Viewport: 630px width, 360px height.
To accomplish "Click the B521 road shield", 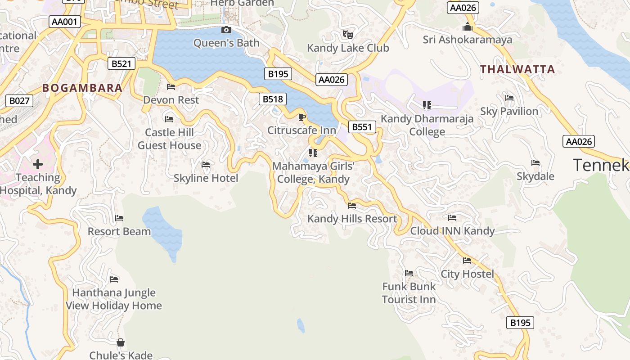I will click(x=121, y=64).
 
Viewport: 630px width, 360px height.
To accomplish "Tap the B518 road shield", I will click(x=273, y=99).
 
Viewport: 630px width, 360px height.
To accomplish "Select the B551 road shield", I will click(x=362, y=127).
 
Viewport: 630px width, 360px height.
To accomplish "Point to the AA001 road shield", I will click(x=65, y=22).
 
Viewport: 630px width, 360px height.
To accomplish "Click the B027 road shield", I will click(x=19, y=100).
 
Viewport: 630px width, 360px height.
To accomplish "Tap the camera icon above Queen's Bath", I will click(x=226, y=30).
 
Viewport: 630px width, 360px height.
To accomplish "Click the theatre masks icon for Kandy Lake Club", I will click(x=347, y=34).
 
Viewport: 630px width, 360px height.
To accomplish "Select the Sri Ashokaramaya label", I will click(x=467, y=40).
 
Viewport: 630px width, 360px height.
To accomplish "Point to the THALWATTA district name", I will click(x=517, y=69).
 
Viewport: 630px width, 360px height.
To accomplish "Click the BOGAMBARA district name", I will click(x=82, y=88).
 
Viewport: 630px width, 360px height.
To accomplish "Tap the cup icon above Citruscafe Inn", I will click(x=302, y=117).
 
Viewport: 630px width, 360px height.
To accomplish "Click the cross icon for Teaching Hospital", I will click(x=38, y=164).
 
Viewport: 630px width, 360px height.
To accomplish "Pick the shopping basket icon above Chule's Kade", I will click(x=121, y=342).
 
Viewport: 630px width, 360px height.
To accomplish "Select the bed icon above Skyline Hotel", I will click(x=206, y=165).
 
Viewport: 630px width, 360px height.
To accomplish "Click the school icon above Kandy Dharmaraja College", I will click(x=427, y=105).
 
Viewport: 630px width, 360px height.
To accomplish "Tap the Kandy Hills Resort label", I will click(x=352, y=219).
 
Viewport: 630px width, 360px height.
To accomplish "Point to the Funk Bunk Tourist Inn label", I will click(x=409, y=293).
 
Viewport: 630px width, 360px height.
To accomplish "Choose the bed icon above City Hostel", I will click(x=467, y=260).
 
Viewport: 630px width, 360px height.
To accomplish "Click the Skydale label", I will click(x=535, y=176).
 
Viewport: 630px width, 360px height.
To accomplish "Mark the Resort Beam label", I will click(x=119, y=231).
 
